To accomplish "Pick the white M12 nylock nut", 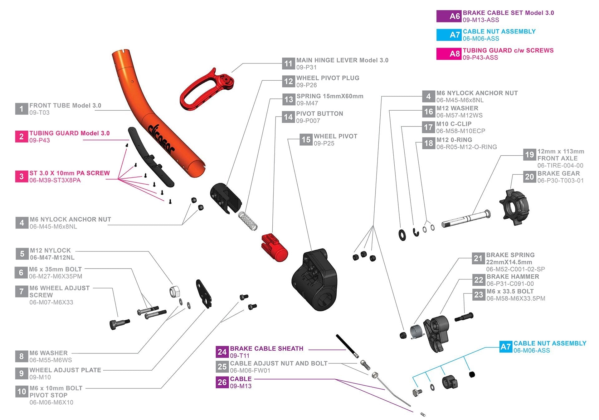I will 174,292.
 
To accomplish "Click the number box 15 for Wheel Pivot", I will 306,140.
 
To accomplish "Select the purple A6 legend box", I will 449,16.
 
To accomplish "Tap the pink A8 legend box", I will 449,54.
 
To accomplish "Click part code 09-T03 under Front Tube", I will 39,113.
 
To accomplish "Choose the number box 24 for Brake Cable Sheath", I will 222,352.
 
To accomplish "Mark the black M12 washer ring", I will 402,235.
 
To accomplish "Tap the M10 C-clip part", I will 416,232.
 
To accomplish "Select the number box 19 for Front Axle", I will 529,155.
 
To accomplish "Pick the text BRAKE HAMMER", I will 513,277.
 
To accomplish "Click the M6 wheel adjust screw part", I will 119,324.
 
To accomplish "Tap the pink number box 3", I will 21,177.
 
